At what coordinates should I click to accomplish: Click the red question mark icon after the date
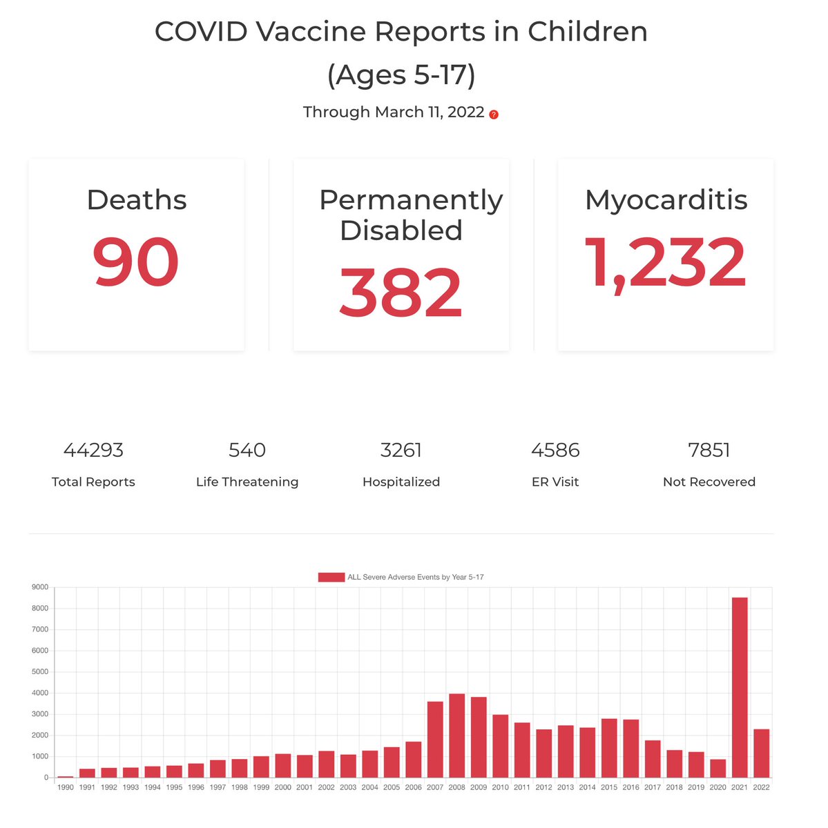(494, 115)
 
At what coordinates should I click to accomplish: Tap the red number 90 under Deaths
(136, 263)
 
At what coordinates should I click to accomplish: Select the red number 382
(401, 293)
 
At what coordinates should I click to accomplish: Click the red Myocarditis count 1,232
(666, 263)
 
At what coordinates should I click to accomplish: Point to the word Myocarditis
(666, 200)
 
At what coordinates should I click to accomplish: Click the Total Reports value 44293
(93, 450)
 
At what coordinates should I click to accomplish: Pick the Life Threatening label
(247, 482)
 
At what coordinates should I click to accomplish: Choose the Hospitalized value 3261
(401, 450)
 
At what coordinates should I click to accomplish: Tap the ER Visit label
(555, 482)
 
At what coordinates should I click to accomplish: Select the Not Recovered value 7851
(709, 450)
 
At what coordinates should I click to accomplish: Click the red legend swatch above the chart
(331, 577)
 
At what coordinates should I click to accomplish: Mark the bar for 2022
(761, 753)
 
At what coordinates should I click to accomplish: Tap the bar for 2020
(718, 768)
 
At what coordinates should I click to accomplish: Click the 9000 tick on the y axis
(40, 587)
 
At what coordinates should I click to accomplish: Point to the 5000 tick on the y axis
(40, 672)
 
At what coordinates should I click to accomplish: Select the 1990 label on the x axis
(66, 787)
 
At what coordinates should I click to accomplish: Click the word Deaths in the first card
(136, 200)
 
